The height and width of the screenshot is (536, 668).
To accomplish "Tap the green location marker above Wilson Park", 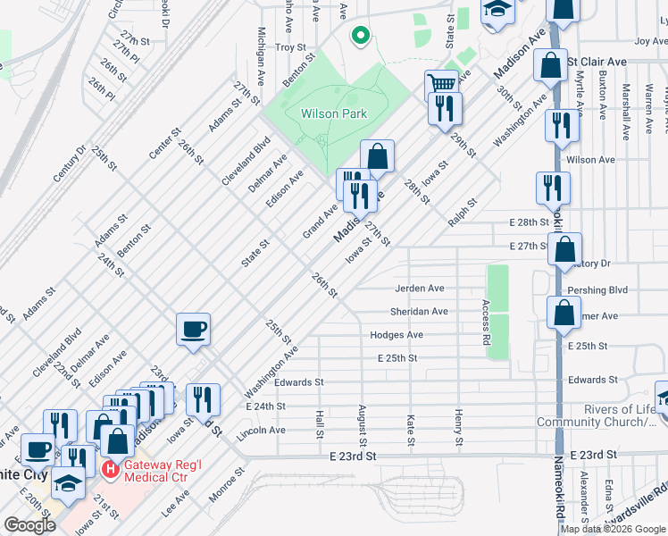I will pyautogui.click(x=359, y=37).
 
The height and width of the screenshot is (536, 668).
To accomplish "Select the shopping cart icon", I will pyautogui.click(x=440, y=85).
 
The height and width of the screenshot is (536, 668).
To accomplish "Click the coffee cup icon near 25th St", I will pyautogui.click(x=193, y=330).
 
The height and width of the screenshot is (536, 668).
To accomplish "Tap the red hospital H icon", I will pyautogui.click(x=110, y=469).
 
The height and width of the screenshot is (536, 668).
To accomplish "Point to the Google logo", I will pyautogui.click(x=29, y=525).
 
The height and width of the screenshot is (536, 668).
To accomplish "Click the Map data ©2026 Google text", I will pyautogui.click(x=613, y=529).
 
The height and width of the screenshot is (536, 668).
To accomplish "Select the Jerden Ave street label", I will pyautogui.click(x=419, y=289).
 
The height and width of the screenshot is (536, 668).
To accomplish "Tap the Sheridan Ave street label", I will pyautogui.click(x=418, y=312).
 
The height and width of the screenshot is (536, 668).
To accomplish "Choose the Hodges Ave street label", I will pyautogui.click(x=397, y=335).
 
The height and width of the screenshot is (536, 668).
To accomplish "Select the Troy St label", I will pyautogui.click(x=290, y=46).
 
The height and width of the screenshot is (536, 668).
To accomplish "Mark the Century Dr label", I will pyautogui.click(x=71, y=162).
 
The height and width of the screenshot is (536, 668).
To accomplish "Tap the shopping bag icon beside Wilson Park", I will pyautogui.click(x=377, y=155).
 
